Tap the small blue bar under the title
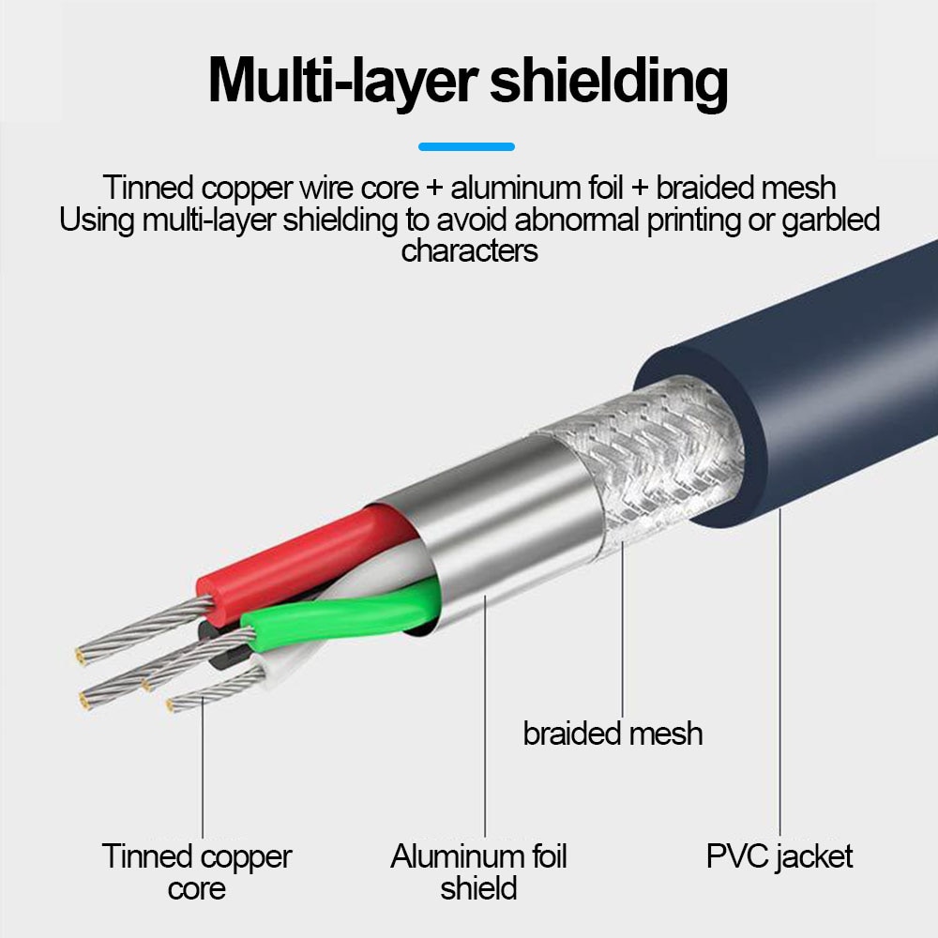point(466,146)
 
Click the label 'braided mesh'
point(613,733)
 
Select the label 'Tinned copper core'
point(197,871)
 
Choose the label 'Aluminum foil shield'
point(478,871)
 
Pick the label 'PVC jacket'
point(779,855)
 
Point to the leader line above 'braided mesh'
point(623,638)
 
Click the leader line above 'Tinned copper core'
point(203,769)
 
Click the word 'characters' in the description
point(469,251)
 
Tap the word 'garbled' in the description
point(826,220)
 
